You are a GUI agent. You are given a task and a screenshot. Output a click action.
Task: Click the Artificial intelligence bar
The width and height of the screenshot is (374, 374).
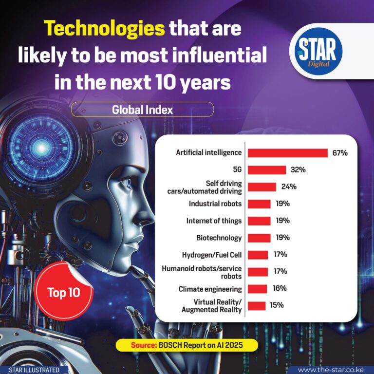tap(287, 153)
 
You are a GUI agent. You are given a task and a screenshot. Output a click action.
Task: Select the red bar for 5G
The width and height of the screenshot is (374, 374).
tap(266, 170)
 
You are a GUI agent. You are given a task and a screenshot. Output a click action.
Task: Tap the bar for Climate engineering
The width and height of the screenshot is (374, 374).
tap(257, 289)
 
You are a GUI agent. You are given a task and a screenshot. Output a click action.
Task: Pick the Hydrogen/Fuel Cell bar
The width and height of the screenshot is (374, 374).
tap(258, 255)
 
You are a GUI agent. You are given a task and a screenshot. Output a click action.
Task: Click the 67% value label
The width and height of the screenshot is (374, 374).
tap(340, 153)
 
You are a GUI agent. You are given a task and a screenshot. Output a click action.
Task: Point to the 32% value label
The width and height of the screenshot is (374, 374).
tap(298, 170)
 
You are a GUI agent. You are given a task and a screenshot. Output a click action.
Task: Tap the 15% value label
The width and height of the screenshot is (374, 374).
tap(277, 305)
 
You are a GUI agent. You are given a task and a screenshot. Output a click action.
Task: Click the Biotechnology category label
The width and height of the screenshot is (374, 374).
tap(219, 238)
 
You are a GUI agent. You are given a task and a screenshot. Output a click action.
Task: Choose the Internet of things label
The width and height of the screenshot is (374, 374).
tap(214, 221)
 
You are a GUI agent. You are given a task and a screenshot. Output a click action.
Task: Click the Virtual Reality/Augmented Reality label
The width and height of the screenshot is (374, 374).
tap(211, 306)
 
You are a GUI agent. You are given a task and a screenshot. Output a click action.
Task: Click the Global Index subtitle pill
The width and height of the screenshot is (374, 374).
tap(142, 110)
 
